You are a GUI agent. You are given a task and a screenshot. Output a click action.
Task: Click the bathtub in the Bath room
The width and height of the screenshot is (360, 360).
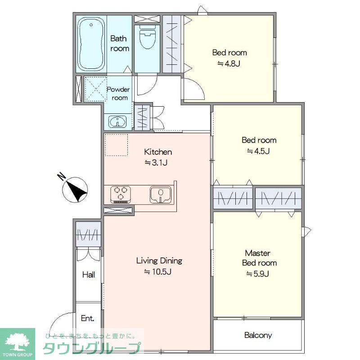[x=91, y=44]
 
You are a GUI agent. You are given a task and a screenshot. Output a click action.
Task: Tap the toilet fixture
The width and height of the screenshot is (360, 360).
[x=147, y=36]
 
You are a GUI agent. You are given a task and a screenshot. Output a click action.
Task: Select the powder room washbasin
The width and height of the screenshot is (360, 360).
[x=117, y=121]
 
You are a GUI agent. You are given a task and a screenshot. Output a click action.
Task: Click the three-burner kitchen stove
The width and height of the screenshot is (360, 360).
[x=121, y=194]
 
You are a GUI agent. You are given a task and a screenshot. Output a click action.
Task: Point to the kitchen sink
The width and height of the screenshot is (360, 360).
[x=161, y=195]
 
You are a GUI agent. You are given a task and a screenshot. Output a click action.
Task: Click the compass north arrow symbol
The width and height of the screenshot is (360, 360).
[x=75, y=189]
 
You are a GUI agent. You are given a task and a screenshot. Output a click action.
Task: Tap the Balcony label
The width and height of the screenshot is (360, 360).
[x=258, y=335]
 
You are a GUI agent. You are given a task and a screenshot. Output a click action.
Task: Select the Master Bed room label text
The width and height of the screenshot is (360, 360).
[x=259, y=258]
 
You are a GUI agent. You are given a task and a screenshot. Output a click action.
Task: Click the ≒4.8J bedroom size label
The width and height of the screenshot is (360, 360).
[x=229, y=63]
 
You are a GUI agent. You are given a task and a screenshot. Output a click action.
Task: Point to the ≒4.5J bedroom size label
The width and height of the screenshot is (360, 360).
[x=258, y=151]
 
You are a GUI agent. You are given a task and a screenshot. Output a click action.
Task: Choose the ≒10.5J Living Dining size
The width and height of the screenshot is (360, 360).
[x=158, y=272]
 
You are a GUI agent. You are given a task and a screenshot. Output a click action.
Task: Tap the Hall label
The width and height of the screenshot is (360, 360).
[x=89, y=274]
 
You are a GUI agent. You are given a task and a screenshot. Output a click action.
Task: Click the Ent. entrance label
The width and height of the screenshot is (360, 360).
[x=87, y=318]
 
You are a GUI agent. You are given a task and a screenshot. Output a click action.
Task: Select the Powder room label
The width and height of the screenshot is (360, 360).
[x=118, y=94]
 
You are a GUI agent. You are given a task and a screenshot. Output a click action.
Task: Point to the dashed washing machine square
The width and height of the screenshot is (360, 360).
[x=95, y=89]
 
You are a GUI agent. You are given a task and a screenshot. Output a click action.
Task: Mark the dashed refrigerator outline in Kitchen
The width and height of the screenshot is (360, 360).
[x=116, y=145]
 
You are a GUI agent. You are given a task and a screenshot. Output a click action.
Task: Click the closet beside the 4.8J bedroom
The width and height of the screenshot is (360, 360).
[x=172, y=44]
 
